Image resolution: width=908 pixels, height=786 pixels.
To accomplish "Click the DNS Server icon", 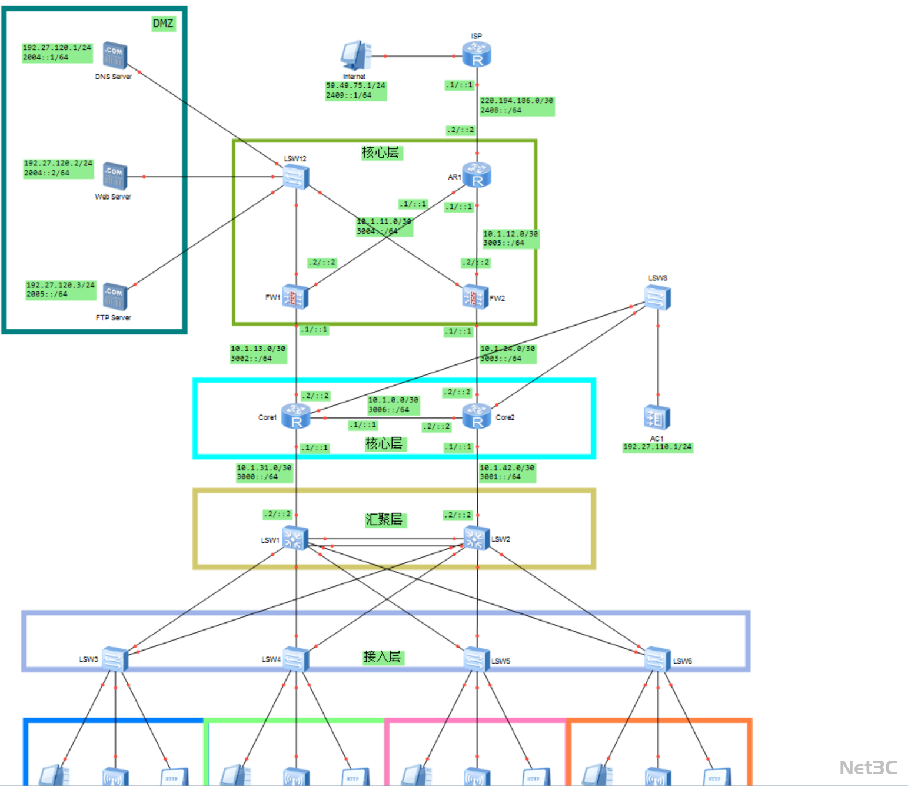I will pyautogui.click(x=115, y=55).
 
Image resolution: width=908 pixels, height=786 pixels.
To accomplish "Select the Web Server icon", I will pyautogui.click(x=115, y=175).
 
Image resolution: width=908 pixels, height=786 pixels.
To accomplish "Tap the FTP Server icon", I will pyautogui.click(x=115, y=296).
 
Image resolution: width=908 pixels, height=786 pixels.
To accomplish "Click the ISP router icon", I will pyautogui.click(x=477, y=55).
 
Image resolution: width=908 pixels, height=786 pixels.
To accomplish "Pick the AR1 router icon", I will pyautogui.click(x=477, y=175).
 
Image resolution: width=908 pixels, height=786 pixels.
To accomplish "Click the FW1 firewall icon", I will pyautogui.click(x=295, y=297).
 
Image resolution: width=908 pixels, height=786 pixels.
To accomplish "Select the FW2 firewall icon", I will pyautogui.click(x=475, y=297).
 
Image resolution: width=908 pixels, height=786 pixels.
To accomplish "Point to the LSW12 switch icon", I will pyautogui.click(x=295, y=177).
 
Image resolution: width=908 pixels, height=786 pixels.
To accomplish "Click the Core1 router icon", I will pyautogui.click(x=295, y=416).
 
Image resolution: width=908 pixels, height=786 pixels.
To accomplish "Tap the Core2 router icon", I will pyautogui.click(x=477, y=416).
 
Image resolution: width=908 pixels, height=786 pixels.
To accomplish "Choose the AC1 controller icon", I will pyautogui.click(x=657, y=418).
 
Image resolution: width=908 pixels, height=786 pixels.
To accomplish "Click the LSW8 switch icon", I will pyautogui.click(x=657, y=297).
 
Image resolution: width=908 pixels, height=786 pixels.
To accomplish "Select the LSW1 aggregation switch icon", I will pyautogui.click(x=295, y=538).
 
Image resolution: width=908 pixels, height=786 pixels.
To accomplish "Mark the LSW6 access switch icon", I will pyautogui.click(x=657, y=659).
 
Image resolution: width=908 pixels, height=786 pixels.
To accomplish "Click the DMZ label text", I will pyautogui.click(x=163, y=24).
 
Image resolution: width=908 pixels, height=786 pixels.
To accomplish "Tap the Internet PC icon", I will pyautogui.click(x=355, y=56).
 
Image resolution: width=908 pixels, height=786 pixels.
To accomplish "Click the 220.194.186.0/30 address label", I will pyautogui.click(x=517, y=101).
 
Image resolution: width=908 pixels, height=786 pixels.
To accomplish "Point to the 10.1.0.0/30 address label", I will pyautogui.click(x=393, y=400).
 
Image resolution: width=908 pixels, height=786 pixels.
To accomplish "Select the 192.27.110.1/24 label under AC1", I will pyautogui.click(x=657, y=447).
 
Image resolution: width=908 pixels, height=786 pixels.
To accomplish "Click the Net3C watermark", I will pyautogui.click(x=868, y=768).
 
